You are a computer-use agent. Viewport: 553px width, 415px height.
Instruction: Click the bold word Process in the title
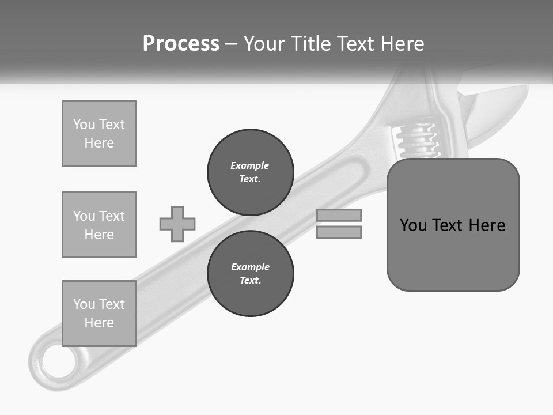(181, 44)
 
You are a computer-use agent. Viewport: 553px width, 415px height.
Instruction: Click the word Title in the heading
(312, 44)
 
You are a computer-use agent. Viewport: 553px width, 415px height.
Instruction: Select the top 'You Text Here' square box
(99, 134)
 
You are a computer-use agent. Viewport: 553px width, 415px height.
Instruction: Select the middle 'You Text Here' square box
(99, 225)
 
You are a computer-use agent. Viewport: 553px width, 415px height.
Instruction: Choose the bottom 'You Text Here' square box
(99, 314)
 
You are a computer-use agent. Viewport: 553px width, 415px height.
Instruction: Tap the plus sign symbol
(177, 224)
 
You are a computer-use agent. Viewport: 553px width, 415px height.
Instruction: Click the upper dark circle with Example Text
(250, 172)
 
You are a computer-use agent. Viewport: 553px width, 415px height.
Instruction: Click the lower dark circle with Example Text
(250, 274)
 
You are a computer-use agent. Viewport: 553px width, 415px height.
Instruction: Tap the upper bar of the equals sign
(339, 215)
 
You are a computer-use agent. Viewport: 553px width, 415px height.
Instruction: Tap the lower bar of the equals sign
(339, 232)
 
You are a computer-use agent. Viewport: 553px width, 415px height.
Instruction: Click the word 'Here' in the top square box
(99, 143)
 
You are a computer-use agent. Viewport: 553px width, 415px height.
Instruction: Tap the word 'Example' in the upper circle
(250, 165)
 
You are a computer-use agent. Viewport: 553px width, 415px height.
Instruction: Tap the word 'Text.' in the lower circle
(250, 281)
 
